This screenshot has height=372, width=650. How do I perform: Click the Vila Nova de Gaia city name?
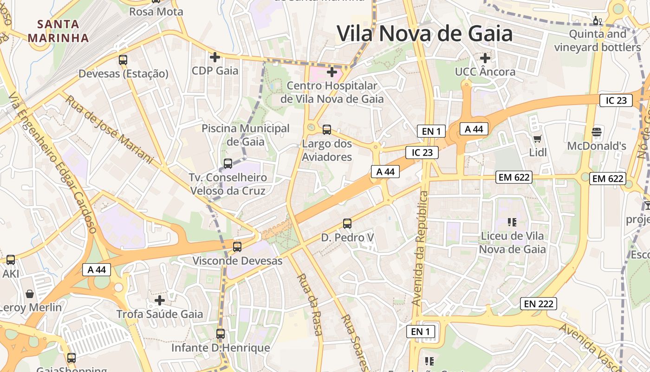click(424, 34)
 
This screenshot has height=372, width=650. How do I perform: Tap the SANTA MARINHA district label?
click(58, 31)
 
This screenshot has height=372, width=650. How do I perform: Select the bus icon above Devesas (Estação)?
click(123, 60)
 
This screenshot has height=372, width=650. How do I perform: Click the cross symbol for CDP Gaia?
click(215, 57)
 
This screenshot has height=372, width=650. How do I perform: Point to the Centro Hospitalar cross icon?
click(332, 72)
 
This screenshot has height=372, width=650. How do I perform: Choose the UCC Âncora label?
click(485, 72)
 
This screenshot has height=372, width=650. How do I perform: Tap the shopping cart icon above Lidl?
click(538, 138)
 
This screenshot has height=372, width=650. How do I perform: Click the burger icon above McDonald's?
click(597, 132)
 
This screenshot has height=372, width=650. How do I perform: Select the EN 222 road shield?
click(538, 304)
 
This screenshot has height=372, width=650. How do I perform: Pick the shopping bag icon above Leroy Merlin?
click(30, 293)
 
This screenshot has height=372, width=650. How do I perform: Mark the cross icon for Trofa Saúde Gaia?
click(160, 300)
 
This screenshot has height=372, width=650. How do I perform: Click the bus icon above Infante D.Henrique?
click(221, 333)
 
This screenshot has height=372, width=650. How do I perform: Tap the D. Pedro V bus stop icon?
click(347, 224)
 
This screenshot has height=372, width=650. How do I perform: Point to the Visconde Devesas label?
click(237, 261)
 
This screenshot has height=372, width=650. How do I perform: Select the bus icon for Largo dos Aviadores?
click(327, 130)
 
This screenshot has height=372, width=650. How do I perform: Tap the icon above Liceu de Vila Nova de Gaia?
click(512, 222)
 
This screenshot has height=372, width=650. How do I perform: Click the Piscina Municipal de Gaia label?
click(246, 135)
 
